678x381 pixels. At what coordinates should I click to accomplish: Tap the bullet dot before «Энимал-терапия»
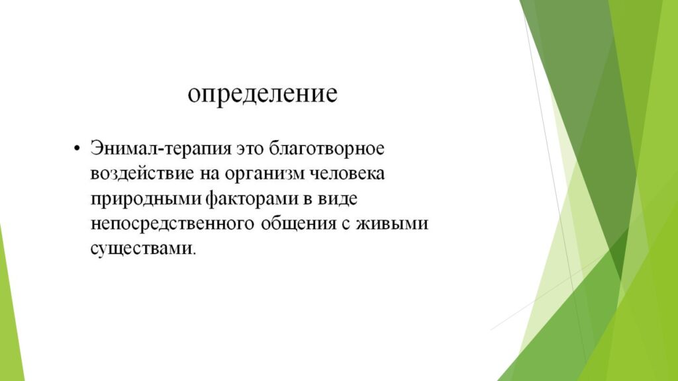(77, 149)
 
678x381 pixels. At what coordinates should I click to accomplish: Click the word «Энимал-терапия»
(161, 149)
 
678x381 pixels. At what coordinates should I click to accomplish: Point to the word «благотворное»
(326, 149)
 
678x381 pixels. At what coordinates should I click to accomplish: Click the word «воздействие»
(142, 174)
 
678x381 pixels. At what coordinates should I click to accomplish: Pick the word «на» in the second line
(209, 175)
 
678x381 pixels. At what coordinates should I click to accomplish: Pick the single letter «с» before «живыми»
(346, 225)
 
